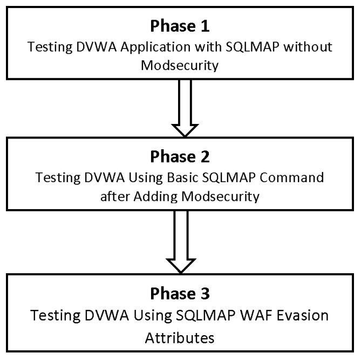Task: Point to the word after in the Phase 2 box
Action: [112, 197]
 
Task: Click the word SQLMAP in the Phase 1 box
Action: [233, 48]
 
